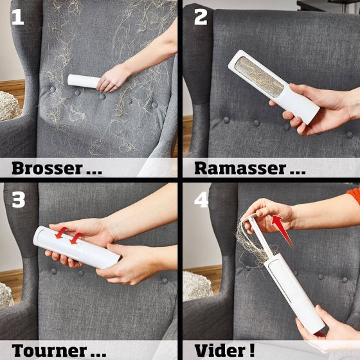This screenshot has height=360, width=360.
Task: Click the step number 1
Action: pyautogui.click(x=18, y=17)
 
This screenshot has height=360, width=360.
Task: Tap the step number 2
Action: pyautogui.click(x=201, y=17)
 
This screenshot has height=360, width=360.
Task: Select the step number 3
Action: pyautogui.click(x=19, y=200)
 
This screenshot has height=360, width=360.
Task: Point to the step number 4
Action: pyautogui.click(x=201, y=200)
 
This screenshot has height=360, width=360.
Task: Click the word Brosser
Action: pyautogui.click(x=47, y=168)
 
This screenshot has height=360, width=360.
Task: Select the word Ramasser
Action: pyautogui.click(x=240, y=168)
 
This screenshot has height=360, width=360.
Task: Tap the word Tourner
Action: pyautogui.click(x=49, y=350)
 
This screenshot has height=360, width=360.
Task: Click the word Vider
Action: pyautogui.click(x=219, y=350)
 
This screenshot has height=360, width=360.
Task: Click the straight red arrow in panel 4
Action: pyautogui.click(x=282, y=231)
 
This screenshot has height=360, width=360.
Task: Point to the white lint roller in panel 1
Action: pyautogui.click(x=84, y=81)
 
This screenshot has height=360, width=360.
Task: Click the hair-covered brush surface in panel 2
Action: pyautogui.click(x=258, y=76)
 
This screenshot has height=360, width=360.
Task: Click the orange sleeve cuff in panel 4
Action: pyautogui.click(x=354, y=195)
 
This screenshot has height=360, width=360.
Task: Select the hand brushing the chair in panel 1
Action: pyautogui.click(x=113, y=78)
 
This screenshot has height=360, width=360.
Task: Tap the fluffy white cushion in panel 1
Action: pyautogui.click(x=9, y=105)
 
